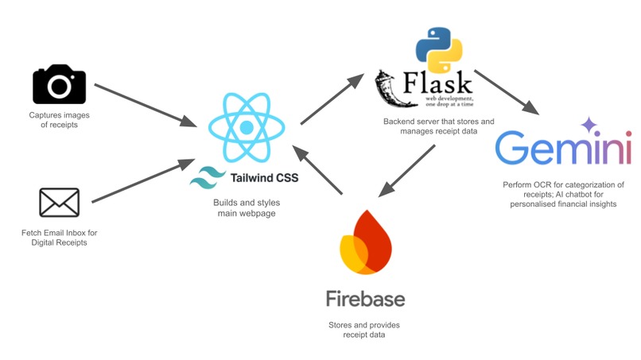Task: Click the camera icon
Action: (x=59, y=83)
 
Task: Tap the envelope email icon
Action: (x=59, y=202)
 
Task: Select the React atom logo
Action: (x=246, y=126)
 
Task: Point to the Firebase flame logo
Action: (x=365, y=243)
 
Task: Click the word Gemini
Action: (x=562, y=149)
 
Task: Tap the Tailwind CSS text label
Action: (x=263, y=176)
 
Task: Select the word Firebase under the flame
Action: (x=365, y=299)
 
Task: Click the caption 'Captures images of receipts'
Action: (x=59, y=119)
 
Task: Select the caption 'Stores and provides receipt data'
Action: (x=365, y=331)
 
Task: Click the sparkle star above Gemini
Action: (x=589, y=124)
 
